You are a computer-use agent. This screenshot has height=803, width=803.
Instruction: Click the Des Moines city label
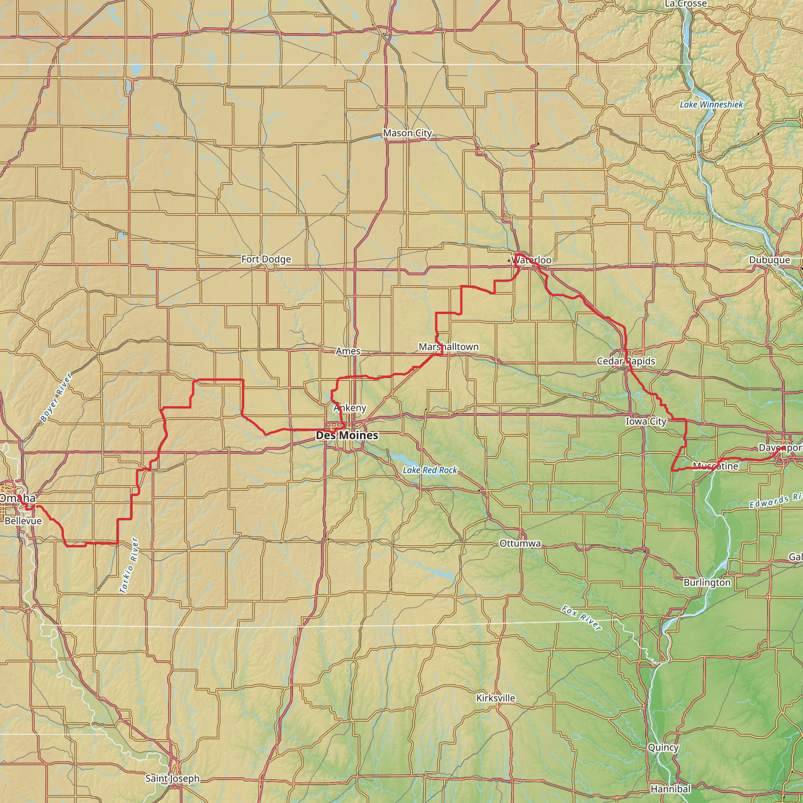[347, 435]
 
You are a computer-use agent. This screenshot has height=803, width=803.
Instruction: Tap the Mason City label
[407, 133]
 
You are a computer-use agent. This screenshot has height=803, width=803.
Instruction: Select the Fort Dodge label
[266, 259]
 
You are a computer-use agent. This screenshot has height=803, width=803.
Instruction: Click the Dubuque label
[769, 260]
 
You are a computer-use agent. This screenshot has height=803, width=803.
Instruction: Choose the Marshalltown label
[449, 347]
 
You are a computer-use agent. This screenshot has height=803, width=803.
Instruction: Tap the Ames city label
[348, 351]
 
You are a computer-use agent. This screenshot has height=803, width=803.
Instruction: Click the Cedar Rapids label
[626, 361]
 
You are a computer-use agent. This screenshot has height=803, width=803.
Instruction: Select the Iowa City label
[646, 421]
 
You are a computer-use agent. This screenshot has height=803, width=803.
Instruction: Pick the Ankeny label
[350, 408]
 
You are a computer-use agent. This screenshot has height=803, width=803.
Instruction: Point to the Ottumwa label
[520, 544]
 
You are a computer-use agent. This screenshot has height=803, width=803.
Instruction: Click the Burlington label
[707, 582]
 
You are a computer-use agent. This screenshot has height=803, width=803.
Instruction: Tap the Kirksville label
[496, 698]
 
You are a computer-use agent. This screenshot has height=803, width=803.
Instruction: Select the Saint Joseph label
[173, 778]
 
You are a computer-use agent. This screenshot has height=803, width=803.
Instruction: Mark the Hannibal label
[670, 788]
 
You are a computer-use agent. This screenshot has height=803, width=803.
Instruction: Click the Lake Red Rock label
[430, 470]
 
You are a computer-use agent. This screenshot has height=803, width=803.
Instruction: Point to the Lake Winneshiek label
[711, 105]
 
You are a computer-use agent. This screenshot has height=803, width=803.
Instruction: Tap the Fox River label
[581, 618]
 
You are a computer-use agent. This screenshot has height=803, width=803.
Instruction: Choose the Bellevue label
[23, 521]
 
